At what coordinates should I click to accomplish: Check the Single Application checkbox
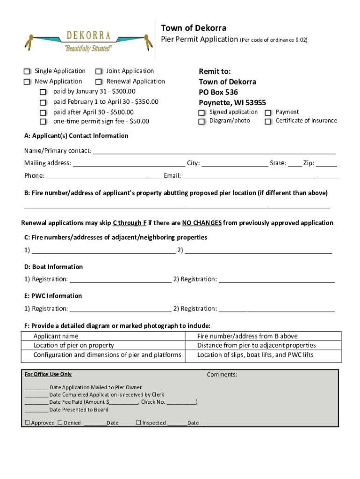[x=27, y=72]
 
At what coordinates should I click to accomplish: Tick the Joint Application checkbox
[x=99, y=72]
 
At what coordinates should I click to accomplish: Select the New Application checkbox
[x=27, y=82]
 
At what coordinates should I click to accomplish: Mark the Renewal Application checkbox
[x=99, y=82]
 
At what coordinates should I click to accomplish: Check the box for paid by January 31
[x=43, y=92]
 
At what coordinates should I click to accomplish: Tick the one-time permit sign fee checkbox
[x=43, y=122]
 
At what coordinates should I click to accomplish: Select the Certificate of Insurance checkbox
[x=268, y=122]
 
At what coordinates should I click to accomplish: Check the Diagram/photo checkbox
[x=202, y=122]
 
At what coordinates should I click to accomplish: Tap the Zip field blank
[x=326, y=164]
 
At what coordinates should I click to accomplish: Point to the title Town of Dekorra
[x=194, y=28]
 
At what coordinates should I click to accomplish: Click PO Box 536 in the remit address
[x=218, y=92]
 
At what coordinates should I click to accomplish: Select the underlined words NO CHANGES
[x=202, y=223]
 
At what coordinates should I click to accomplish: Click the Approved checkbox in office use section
[x=27, y=423]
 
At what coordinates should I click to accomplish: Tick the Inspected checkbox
[x=138, y=423]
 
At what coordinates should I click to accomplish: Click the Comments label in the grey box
[x=222, y=375]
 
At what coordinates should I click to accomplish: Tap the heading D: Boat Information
[x=54, y=267]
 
